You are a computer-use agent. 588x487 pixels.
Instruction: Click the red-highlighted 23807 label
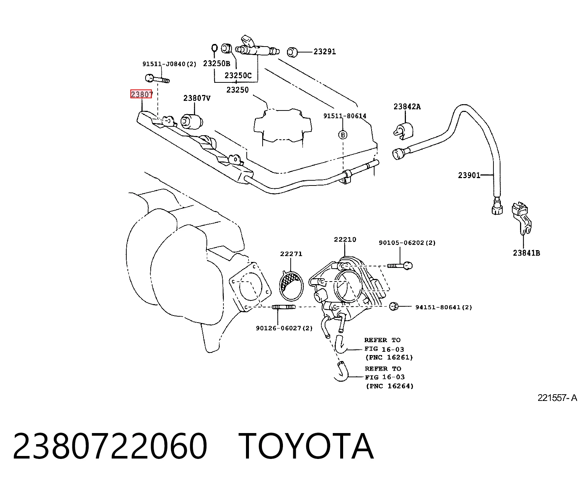coord(141,94)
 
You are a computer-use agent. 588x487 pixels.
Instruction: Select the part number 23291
coord(325,52)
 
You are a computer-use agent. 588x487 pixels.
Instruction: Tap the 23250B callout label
coord(216,64)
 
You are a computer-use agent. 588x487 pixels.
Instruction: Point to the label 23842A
coord(407,106)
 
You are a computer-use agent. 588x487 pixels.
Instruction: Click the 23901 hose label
coord(469,175)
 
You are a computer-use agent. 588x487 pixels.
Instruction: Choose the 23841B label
coord(526,253)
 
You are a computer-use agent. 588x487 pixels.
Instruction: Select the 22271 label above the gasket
coord(291,253)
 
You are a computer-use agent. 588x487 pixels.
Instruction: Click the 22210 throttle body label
coord(345,239)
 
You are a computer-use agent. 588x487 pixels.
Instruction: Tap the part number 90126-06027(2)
coord(284,328)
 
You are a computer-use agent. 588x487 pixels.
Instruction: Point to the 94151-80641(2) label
coord(444,307)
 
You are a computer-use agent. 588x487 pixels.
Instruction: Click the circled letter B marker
coord(343,135)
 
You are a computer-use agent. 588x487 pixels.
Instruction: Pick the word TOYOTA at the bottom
coord(306,446)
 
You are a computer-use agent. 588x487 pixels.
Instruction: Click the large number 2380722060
coord(110,446)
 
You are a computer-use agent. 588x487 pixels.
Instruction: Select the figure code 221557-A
coord(557,398)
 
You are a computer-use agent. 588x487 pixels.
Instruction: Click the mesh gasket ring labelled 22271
coord(291,286)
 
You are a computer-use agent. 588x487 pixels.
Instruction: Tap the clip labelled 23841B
coord(522,218)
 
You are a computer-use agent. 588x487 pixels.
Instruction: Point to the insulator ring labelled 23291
coord(292,52)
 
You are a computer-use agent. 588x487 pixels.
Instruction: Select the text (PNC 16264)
coord(389,386)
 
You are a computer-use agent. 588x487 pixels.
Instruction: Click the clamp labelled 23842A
coord(403,130)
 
